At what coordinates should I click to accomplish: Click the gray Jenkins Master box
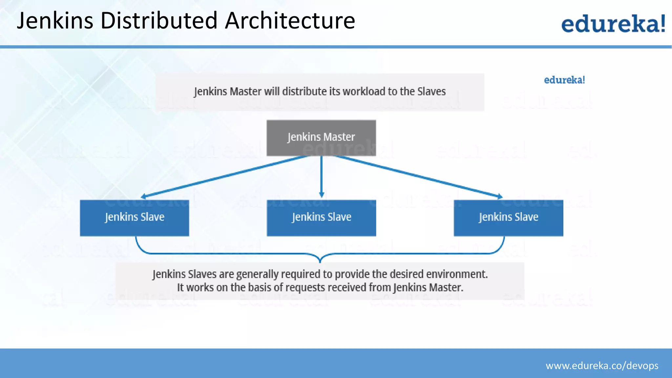point(321,137)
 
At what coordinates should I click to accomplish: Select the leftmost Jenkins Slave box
point(135,218)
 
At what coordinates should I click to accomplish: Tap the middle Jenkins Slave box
point(321,218)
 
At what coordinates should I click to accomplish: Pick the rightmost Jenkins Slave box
point(508,218)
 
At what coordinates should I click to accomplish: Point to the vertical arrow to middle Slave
point(321,177)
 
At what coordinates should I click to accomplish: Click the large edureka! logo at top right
point(613,24)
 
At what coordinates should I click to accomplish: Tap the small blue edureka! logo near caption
point(564,80)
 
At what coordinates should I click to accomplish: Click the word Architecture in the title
point(290,21)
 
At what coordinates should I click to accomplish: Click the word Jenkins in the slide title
point(55,21)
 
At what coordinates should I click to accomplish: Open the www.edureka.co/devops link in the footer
point(602,366)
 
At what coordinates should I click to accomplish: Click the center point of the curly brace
point(320,258)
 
